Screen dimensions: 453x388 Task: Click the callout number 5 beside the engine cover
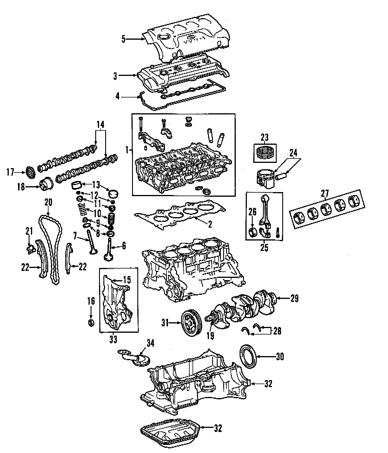click(123, 39)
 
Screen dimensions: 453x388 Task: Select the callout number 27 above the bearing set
click(325, 193)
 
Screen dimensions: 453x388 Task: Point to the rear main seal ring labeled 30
click(248, 356)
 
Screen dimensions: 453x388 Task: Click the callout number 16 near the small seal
click(91, 301)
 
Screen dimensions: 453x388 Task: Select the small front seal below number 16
click(91, 323)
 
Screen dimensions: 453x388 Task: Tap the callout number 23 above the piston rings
click(264, 137)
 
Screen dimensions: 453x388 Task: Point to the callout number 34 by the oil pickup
click(150, 343)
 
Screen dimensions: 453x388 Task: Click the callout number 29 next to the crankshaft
click(295, 298)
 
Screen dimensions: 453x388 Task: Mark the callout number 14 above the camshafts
click(100, 125)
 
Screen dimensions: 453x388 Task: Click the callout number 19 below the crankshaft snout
click(210, 336)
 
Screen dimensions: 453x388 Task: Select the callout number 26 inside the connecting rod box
click(252, 212)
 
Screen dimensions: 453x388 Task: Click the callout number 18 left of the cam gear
click(21, 187)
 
